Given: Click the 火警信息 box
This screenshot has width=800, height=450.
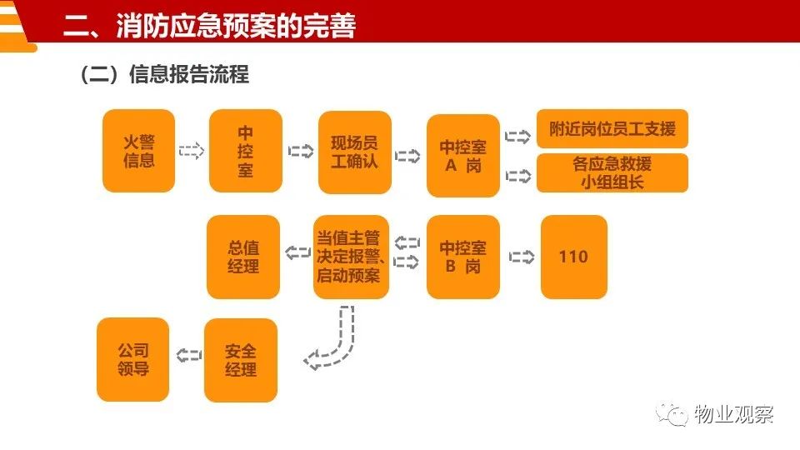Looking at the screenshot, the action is click(139, 151).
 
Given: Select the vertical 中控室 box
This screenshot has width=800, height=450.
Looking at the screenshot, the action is click(245, 151).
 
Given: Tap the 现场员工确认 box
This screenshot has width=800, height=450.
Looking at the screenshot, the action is click(355, 152).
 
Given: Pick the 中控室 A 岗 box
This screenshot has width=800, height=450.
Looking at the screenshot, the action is click(462, 156).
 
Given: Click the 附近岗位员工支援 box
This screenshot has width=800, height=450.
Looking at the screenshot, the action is click(612, 128).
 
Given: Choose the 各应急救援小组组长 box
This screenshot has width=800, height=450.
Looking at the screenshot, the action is click(612, 173).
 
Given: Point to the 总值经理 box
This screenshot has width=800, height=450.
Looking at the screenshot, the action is click(243, 257).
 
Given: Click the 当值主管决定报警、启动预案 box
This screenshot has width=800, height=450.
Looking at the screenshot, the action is click(351, 257).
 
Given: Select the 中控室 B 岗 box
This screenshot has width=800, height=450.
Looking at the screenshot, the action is click(462, 257).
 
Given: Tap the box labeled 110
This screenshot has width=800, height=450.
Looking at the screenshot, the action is click(574, 257).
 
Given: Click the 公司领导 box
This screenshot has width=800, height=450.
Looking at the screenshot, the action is click(132, 360).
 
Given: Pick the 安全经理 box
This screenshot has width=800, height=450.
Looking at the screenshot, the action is click(240, 360).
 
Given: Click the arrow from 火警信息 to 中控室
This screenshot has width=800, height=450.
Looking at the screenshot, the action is click(192, 151).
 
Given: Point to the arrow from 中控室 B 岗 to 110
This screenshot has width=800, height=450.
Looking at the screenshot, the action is click(522, 257).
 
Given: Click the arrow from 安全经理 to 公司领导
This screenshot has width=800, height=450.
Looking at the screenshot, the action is click(189, 355).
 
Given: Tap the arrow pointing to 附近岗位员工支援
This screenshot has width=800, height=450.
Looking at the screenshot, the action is click(517, 136).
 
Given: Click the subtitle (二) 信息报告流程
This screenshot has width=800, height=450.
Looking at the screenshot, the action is click(164, 74).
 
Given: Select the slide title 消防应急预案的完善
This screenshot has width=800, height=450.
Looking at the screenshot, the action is click(236, 26).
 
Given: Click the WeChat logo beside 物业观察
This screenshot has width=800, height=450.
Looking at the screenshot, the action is click(672, 414).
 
